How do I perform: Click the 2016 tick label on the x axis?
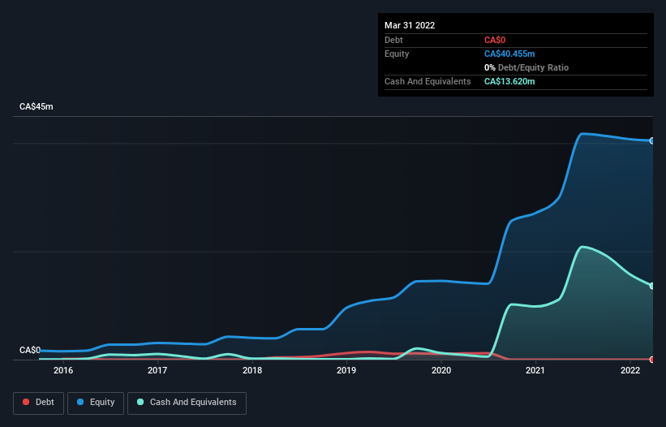[63, 371]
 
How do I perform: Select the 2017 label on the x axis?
[157, 371]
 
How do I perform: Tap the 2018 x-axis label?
[252, 371]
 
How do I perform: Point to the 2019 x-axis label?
[346, 371]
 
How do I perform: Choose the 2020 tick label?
[441, 371]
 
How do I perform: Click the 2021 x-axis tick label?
[535, 371]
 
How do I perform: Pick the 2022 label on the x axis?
[630, 371]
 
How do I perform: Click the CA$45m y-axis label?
[37, 107]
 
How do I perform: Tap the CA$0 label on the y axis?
[30, 350]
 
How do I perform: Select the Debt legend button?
[38, 402]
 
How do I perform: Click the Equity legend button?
[95, 402]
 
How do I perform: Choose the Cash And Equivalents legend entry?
[187, 402]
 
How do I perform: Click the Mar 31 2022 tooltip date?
[410, 25]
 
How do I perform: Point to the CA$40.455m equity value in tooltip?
[509, 54]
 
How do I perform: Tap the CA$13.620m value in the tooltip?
[509, 81]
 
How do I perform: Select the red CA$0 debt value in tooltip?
[496, 40]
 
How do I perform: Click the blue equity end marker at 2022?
[651, 141]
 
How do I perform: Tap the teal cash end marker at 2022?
[651, 286]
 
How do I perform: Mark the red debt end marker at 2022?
[651, 359]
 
